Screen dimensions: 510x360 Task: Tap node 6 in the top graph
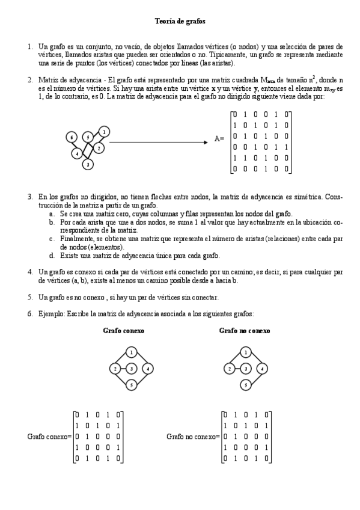[72, 138]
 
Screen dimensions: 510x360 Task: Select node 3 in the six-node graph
[88, 164]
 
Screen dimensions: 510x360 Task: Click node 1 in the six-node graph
[105, 131]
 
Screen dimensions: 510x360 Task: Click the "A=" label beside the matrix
[219, 139]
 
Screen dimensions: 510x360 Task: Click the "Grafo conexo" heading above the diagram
[123, 331]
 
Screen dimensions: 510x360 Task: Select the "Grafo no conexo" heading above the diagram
[245, 331]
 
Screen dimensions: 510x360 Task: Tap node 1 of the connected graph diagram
[132, 352]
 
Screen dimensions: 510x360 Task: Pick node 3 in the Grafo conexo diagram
[132, 368]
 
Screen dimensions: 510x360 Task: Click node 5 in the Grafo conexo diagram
[132, 384]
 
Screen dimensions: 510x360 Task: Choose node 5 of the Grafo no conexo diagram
[245, 384]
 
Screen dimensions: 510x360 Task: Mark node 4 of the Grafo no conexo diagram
[262, 368]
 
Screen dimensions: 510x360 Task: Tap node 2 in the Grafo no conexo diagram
[228, 368]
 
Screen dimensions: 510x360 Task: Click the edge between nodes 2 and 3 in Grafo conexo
[123, 368]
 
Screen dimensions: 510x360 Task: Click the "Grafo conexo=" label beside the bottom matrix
[49, 435]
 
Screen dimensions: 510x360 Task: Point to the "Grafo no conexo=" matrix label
[193, 435]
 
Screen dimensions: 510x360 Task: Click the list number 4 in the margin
[30, 271]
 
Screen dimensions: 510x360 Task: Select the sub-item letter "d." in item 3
[53, 256]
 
